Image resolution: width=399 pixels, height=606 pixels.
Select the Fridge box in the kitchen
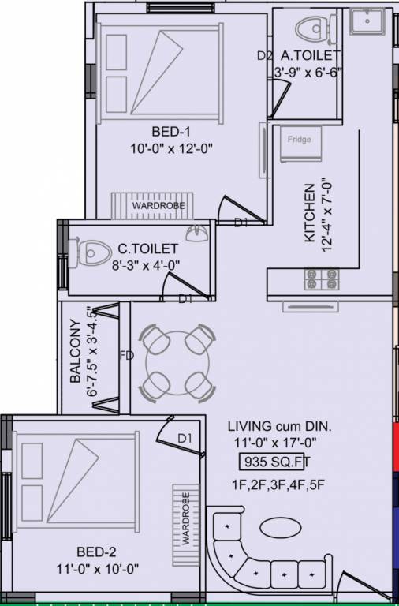point(298,140)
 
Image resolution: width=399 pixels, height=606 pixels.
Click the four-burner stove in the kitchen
point(322,278)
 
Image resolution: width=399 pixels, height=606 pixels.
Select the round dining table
point(177,362)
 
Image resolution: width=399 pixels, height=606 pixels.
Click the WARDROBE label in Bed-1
point(158,206)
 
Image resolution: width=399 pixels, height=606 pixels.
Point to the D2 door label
point(265,56)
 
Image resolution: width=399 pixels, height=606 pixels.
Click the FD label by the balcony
point(127,355)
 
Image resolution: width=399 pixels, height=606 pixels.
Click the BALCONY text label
point(75,353)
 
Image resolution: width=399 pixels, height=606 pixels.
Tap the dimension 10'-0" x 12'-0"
point(173,148)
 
